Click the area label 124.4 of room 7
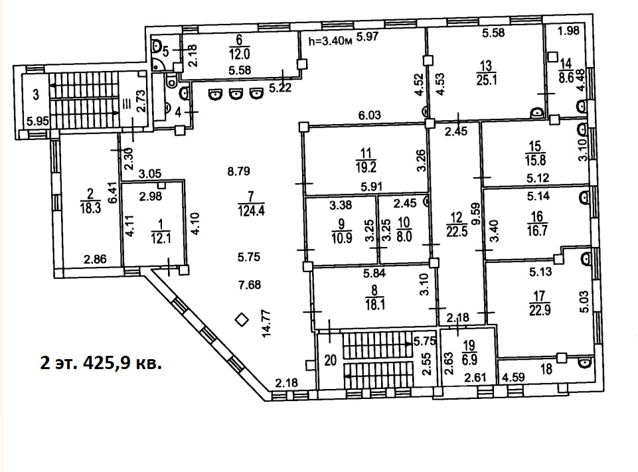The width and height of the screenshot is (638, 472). [x=252, y=210]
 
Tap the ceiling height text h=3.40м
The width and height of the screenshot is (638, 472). [x=330, y=41]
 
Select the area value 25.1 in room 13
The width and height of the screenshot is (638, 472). [x=487, y=79]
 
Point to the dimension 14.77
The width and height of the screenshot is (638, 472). [x=267, y=323]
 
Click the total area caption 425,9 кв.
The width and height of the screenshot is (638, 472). [x=121, y=362]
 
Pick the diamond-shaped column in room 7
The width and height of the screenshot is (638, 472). [x=242, y=320]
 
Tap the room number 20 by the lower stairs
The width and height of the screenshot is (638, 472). [x=331, y=360]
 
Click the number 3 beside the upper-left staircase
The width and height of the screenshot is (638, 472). [x=37, y=95]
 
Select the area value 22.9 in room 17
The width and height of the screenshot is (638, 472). [x=540, y=310]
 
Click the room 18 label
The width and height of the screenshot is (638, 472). [x=546, y=369]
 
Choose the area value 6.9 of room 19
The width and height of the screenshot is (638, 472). [x=469, y=359]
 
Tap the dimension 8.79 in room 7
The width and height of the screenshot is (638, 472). [x=238, y=171]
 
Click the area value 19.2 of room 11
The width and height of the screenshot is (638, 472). [x=365, y=167]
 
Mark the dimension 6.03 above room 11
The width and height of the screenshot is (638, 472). [x=369, y=115]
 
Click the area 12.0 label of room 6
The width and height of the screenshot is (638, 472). [x=239, y=54]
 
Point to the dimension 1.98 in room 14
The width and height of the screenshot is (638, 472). [x=568, y=30]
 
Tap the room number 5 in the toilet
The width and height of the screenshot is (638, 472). [x=165, y=52]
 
